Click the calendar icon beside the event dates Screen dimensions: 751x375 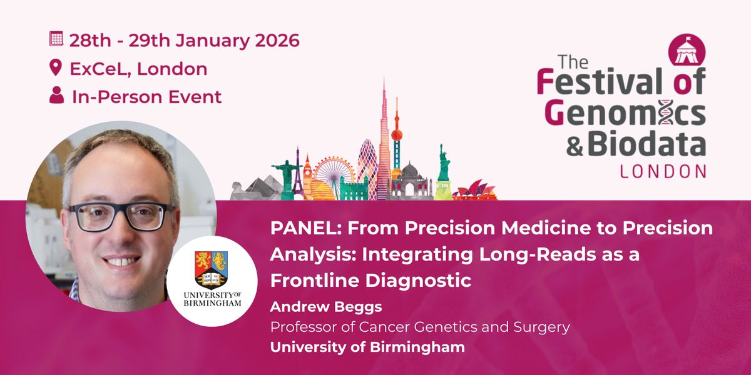click(56, 39)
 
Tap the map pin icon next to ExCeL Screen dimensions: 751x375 click(56, 67)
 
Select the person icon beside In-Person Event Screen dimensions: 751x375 click(57, 95)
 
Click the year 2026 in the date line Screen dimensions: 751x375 click(277, 41)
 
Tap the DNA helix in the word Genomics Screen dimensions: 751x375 click(667, 112)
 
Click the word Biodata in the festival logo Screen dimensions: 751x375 click(646, 143)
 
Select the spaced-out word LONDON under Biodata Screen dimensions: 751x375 click(663, 171)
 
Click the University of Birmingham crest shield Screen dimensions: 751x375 click(212, 270)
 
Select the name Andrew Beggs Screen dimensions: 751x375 click(326, 307)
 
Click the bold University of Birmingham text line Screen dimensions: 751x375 click(367, 347)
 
